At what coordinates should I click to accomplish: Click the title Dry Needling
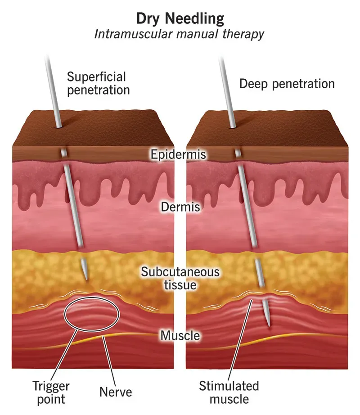click(180, 18)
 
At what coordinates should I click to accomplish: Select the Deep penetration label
click(287, 84)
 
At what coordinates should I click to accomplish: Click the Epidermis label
click(178, 154)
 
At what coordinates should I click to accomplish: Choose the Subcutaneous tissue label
click(180, 278)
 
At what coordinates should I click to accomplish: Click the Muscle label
click(180, 335)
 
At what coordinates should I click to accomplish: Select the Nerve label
click(116, 392)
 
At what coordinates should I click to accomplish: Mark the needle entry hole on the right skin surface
click(233, 127)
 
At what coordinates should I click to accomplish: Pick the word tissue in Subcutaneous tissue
click(180, 285)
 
